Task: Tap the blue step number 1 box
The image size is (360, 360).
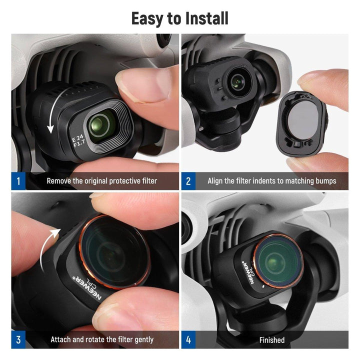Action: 18,181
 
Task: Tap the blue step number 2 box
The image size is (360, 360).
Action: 188,181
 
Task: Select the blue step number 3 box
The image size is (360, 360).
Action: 18,340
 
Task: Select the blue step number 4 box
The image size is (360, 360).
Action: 188,340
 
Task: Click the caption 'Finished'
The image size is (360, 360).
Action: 272,340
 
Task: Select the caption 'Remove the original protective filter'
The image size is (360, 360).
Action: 101,181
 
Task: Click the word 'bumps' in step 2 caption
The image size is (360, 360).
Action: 325,181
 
